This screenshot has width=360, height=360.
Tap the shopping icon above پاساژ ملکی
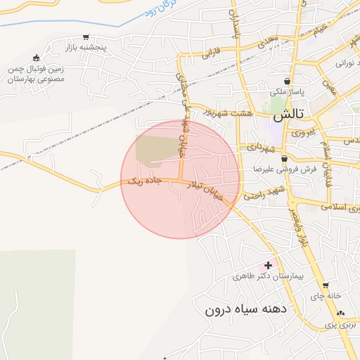pos(287,82)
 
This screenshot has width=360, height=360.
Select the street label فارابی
pos(212,53)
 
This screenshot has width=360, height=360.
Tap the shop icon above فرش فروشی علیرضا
pos(283,159)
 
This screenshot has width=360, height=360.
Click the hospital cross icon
pos(266,265)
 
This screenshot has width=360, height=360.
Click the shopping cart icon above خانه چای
pos(326,285)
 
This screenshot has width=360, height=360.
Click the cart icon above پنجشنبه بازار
pos(86,38)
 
